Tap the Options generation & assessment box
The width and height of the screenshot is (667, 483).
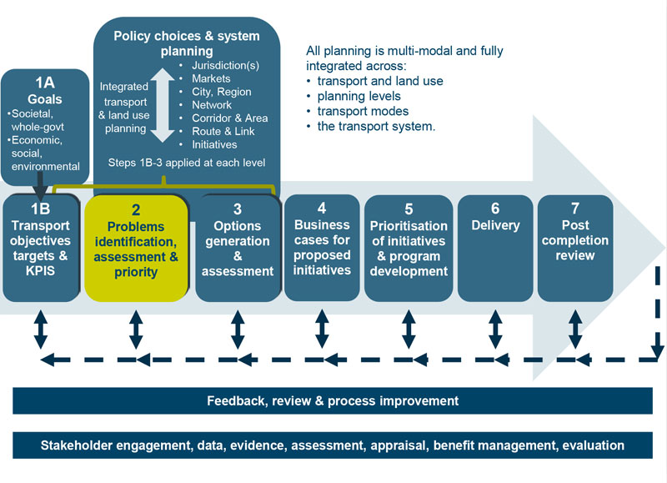[237, 248]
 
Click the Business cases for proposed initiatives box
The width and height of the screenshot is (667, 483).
[322, 246]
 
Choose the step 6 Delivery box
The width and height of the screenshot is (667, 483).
[494, 248]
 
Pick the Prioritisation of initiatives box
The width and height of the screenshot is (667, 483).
[409, 248]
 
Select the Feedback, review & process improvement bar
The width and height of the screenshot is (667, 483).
[333, 401]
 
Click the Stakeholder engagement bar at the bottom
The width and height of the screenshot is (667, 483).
[333, 445]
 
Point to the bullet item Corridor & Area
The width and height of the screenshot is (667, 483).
[228, 118]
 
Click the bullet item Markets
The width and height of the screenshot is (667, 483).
[211, 78]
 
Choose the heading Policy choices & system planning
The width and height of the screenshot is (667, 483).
[187, 43]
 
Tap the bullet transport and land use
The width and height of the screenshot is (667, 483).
[379, 81]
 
